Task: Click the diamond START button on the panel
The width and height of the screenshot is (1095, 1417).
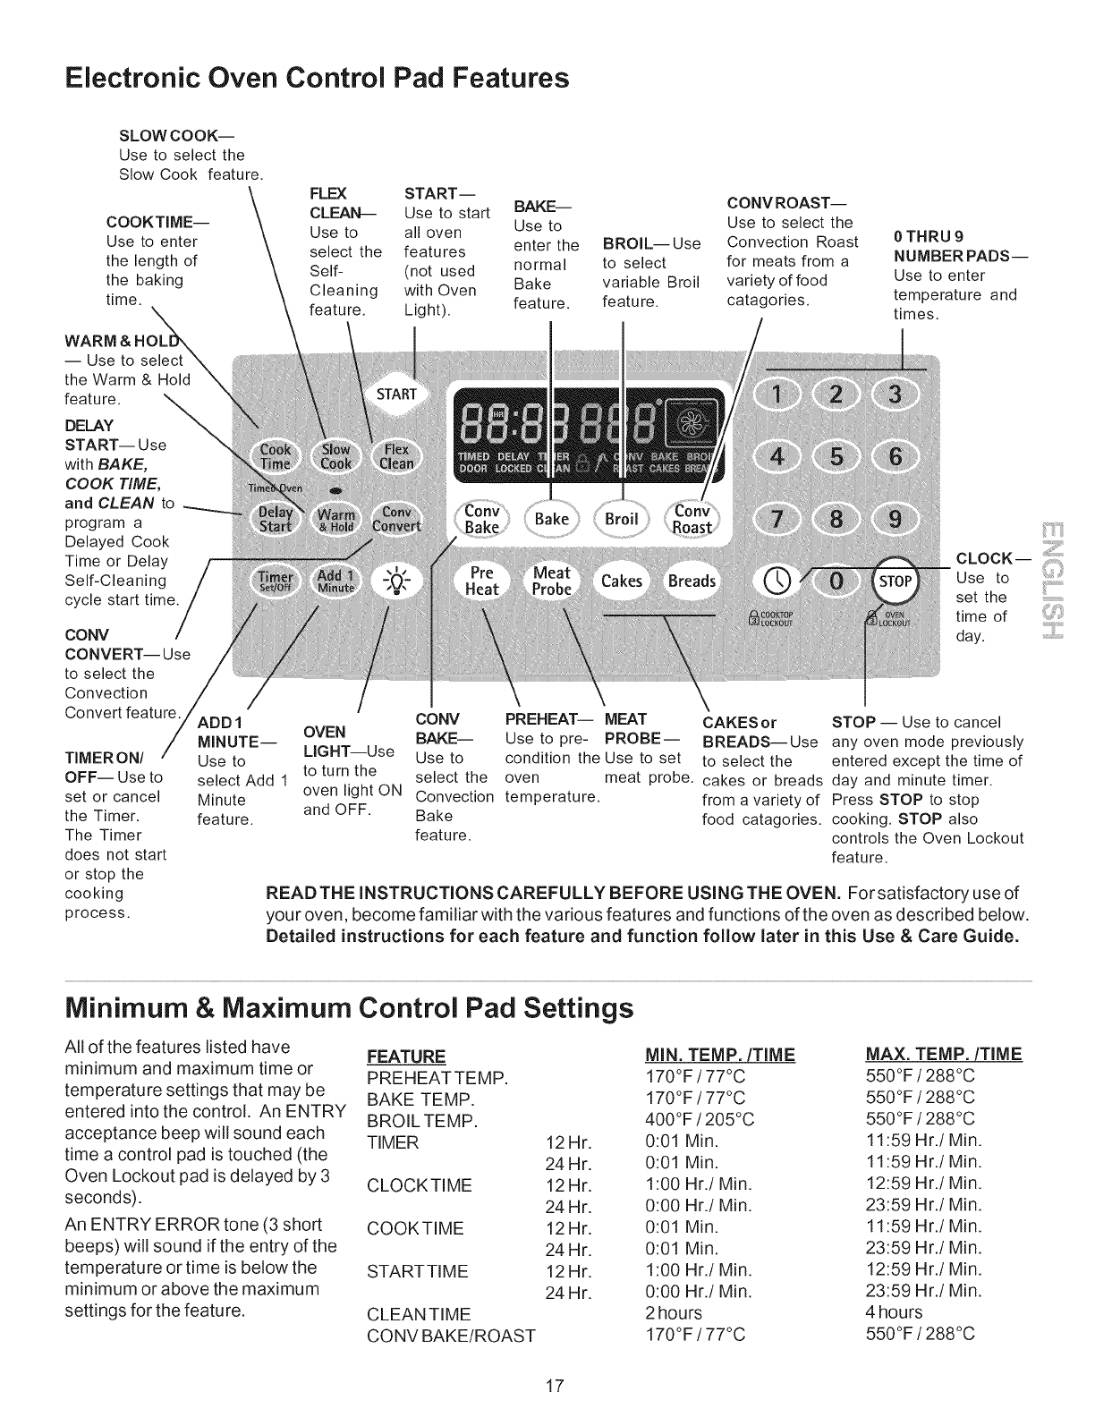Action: pos(396,395)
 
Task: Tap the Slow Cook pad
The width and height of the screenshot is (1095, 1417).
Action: pos(336,456)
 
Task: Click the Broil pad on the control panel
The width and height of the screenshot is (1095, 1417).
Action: pos(622,519)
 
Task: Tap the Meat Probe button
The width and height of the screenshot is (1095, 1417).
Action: pos(551,580)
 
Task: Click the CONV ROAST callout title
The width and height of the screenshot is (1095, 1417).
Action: pos(787,203)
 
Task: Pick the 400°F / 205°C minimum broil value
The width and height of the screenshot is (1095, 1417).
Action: pos(700,1119)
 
